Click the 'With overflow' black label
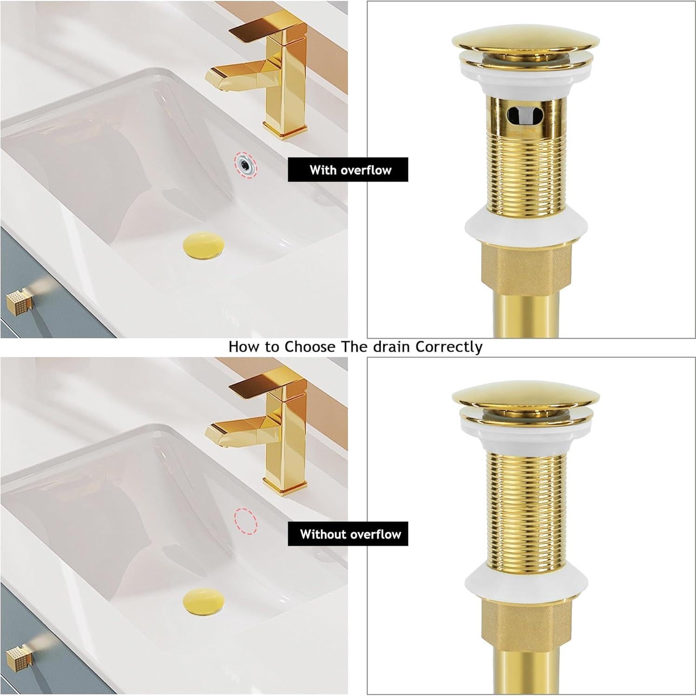(348, 170)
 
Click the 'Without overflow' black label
(348, 534)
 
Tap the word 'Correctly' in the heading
(449, 347)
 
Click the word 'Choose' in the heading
(307, 347)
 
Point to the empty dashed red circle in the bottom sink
(245, 521)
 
